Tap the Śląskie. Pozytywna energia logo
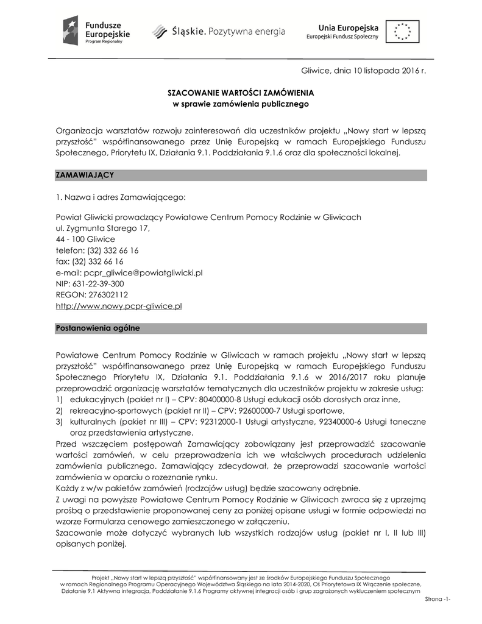218,30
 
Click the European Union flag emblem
402,31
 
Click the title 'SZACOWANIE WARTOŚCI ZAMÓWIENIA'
241,93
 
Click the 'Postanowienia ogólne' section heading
97,328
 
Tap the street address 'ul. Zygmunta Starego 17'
102,229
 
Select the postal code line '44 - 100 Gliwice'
85,239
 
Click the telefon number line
97,250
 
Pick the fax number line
90,261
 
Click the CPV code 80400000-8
218,399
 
